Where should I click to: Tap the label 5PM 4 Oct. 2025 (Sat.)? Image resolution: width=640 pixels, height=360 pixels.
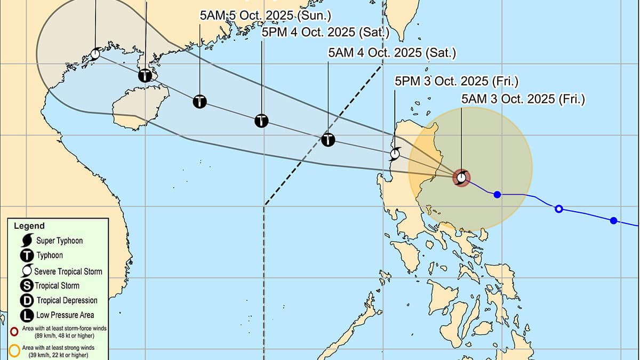coord(326,33)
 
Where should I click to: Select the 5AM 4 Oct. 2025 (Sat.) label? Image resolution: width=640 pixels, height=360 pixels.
coord(392,53)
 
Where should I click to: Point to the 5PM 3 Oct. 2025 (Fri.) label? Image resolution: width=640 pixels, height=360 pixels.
coord(456,81)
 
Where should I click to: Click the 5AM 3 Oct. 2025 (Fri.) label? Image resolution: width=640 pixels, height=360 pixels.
coord(523,99)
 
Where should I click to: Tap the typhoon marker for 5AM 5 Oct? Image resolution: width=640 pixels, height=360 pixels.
coord(199,101)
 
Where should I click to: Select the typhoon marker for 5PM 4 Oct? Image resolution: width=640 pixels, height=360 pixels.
coord(261,121)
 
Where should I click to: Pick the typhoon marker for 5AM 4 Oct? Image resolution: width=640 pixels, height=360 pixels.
coord(328,140)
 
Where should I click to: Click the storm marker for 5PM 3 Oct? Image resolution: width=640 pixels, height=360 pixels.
coord(395,155)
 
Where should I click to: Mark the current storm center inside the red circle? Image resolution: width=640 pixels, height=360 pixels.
coord(461,177)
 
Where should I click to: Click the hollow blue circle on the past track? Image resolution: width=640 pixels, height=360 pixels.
coord(559,209)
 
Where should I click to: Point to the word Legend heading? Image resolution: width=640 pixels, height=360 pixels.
coord(29,226)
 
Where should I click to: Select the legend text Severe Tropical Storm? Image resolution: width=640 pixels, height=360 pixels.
coord(68,271)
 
